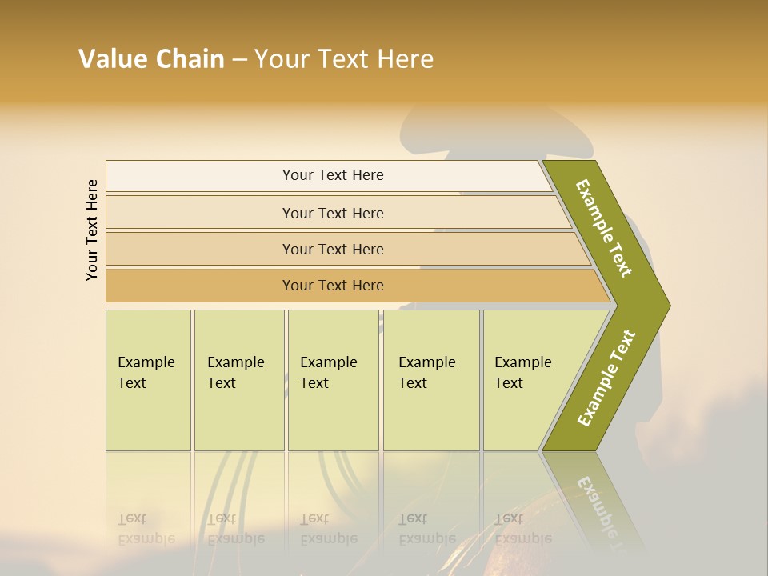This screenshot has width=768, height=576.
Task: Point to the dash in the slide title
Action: [239, 60]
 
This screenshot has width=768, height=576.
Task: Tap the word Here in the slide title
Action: [405, 59]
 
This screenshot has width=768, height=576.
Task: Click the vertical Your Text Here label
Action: [92, 230]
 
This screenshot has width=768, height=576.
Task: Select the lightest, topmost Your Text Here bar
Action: [332, 175]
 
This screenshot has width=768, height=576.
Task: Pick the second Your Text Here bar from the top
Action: [332, 213]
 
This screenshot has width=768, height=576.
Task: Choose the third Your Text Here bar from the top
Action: [332, 249]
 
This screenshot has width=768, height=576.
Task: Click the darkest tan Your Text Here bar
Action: [332, 286]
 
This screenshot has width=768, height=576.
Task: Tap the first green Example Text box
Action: [148, 380]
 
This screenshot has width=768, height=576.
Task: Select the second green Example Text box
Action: [238, 380]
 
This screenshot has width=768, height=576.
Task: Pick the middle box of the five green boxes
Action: [333, 380]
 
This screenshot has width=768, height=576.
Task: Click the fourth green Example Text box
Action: [430, 380]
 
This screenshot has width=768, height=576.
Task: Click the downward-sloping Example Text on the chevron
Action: [604, 228]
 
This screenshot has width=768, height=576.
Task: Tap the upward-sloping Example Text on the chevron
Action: [606, 378]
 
